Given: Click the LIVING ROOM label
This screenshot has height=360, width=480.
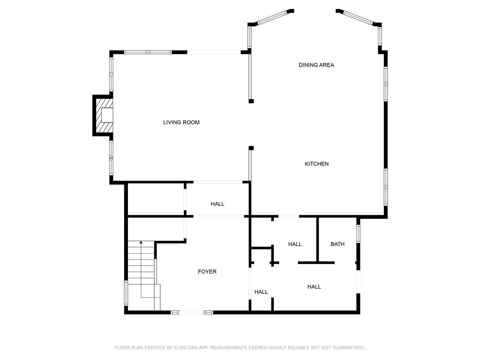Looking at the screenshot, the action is click(181, 122).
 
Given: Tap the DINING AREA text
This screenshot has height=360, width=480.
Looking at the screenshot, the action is click(316, 65).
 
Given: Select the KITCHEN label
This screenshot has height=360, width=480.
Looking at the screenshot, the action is click(316, 164).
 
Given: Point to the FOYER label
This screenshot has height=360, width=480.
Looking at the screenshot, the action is click(207, 271).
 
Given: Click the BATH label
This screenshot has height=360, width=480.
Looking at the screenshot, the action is click(337, 244).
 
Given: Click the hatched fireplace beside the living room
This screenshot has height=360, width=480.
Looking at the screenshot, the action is click(103, 115).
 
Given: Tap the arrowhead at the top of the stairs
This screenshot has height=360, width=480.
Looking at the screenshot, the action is click(141, 242).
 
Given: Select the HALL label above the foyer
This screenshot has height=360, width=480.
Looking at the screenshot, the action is click(217, 204).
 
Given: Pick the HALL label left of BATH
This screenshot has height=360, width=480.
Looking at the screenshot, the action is click(295, 244).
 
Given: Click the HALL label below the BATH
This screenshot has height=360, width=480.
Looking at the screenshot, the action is click(314, 286).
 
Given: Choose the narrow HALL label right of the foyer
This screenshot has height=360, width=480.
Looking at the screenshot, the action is click(261, 292).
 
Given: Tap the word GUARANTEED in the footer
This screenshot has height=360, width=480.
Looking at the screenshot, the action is click(349, 347).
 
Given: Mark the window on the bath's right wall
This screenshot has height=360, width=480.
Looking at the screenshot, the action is click(358, 234).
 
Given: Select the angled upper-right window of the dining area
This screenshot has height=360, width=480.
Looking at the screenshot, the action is click(358, 17).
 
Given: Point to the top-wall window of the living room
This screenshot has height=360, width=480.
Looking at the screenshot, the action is click(148, 52).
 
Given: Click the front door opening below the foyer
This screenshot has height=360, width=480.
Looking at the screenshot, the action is click(192, 312).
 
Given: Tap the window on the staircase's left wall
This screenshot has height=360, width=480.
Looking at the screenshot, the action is click(126, 293).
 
